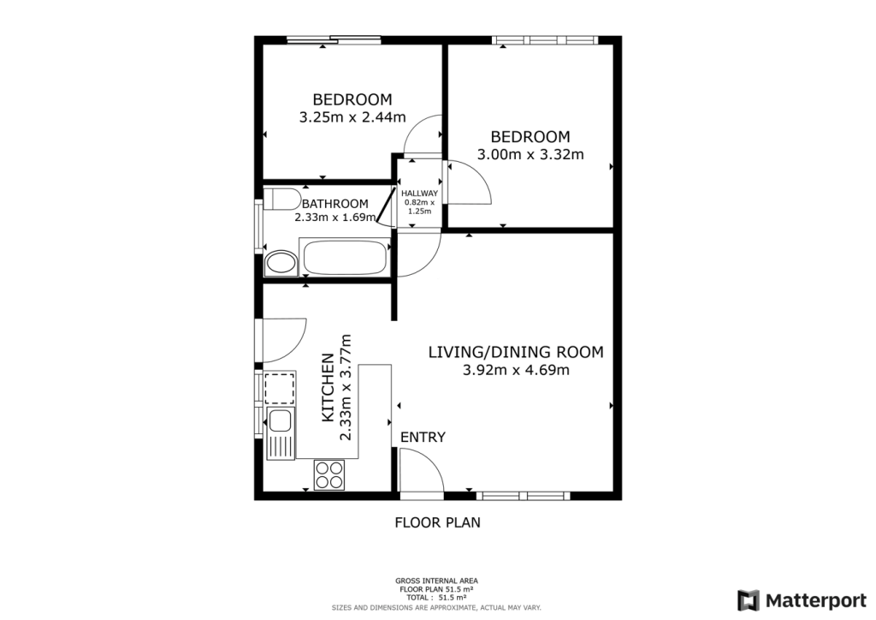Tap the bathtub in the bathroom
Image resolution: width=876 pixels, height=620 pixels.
click(x=346, y=259)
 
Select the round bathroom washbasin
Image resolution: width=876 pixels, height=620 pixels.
click(x=279, y=263)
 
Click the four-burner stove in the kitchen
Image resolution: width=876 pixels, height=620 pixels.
click(x=329, y=474)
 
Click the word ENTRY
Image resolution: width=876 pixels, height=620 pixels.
click(x=423, y=438)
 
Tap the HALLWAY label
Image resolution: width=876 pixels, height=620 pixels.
click(x=419, y=194)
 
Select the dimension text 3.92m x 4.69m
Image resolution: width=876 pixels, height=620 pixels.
click(x=516, y=371)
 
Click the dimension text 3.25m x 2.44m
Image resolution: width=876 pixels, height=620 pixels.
click(x=352, y=117)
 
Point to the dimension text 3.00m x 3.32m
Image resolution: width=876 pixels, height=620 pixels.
click(x=530, y=155)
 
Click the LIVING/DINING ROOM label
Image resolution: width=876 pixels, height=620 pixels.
click(x=516, y=352)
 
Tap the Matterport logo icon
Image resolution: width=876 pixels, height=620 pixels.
click(x=749, y=599)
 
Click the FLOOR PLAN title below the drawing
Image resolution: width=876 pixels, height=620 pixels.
click(x=437, y=522)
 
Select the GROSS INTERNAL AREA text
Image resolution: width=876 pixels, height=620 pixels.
click(x=436, y=581)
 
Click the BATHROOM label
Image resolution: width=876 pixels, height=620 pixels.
click(x=334, y=204)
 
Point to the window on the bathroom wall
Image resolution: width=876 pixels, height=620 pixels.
click(x=258, y=225)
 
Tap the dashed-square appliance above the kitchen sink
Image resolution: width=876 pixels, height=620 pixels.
click(x=279, y=388)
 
